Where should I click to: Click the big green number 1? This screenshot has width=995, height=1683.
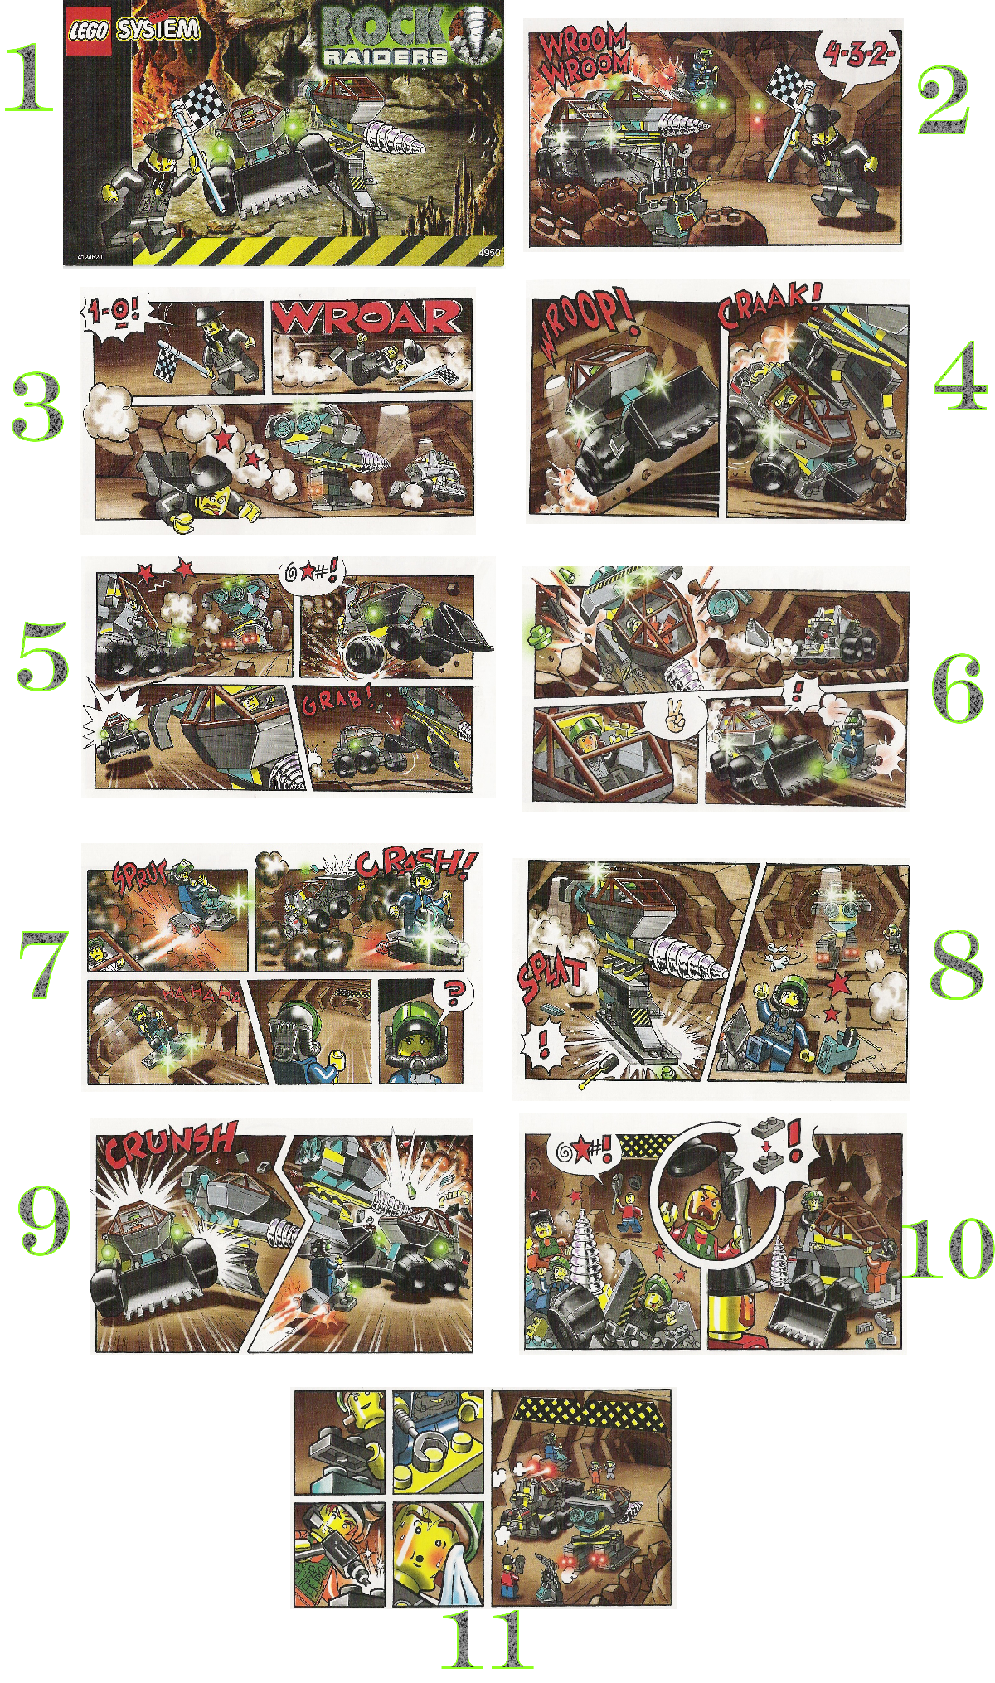(29, 79)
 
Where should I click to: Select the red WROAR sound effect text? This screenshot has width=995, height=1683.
(367, 318)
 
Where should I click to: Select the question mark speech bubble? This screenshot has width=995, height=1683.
(454, 993)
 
